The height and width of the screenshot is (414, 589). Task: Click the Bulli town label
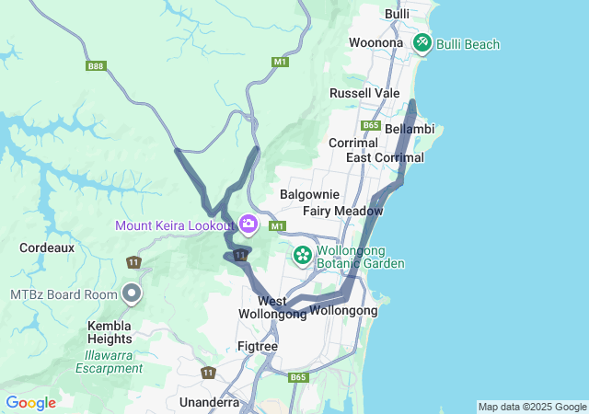(398, 14)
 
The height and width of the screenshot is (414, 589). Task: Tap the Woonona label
(375, 42)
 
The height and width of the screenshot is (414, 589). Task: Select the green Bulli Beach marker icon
(422, 42)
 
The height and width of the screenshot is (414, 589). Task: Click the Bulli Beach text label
(468, 44)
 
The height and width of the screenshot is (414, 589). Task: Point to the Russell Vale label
(364, 93)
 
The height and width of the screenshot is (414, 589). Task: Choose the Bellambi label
(410, 129)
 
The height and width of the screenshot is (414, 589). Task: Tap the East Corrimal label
(385, 157)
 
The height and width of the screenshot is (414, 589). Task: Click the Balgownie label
(309, 194)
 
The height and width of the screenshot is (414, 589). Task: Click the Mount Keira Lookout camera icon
(248, 224)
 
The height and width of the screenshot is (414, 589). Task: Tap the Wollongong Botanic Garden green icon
(302, 254)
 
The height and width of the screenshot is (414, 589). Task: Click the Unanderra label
(210, 402)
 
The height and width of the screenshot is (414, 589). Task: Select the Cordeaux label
(41, 247)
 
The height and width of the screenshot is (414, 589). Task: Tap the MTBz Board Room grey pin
(132, 293)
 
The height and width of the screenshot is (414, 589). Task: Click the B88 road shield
(96, 65)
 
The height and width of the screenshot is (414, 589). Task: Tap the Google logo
(30, 403)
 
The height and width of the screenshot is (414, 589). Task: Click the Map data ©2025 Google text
(532, 407)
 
